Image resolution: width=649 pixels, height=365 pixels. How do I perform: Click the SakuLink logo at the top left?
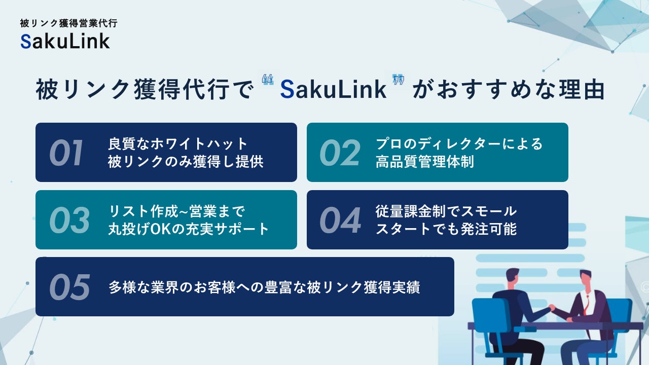[65, 41]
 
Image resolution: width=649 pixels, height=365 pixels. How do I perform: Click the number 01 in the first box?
[66, 153]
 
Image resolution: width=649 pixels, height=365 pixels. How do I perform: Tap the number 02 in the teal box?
[340, 153]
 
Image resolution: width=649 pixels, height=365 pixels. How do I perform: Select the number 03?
[69, 220]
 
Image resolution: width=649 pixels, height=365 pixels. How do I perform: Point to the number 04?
[340, 220]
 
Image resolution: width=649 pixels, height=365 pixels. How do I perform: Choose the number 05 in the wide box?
[69, 287]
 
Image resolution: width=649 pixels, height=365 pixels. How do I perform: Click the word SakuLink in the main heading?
[333, 90]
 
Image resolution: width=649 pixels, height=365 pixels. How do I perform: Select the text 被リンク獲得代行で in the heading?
[144, 90]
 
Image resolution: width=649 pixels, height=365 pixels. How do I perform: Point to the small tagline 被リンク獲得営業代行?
[68, 23]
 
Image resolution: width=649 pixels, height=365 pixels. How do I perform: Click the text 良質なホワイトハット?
[178, 144]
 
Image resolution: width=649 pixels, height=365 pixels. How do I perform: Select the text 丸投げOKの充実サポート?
[189, 229]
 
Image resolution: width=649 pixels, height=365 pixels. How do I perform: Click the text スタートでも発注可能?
[446, 229]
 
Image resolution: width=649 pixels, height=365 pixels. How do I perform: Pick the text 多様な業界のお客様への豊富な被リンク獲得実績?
[264, 287]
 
